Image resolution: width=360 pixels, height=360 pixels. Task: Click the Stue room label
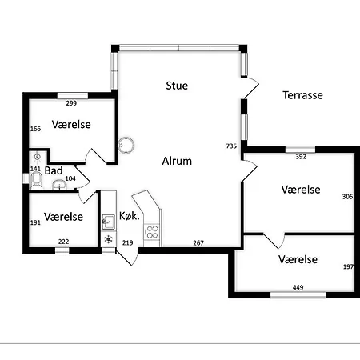tap(177, 85)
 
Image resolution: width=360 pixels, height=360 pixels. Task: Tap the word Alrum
tap(177, 160)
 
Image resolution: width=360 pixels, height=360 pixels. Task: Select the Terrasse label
tap(302, 95)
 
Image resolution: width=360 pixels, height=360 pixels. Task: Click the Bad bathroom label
tap(54, 170)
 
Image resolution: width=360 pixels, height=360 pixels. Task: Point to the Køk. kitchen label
tap(130, 216)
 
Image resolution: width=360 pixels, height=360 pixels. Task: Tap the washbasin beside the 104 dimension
tap(58, 186)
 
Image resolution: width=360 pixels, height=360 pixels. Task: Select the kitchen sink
tap(108, 219)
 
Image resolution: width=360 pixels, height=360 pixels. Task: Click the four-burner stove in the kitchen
tap(151, 232)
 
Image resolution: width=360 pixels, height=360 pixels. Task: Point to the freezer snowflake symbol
tap(108, 239)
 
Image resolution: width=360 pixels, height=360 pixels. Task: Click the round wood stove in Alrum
tap(126, 145)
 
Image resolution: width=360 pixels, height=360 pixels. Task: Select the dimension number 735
tap(232, 146)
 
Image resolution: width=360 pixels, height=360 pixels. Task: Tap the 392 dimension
tap(301, 158)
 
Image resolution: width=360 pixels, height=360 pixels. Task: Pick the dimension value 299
tap(71, 104)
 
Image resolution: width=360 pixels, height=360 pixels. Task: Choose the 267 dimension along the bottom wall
tap(198, 242)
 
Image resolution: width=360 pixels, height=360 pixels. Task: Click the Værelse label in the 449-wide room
tap(298, 260)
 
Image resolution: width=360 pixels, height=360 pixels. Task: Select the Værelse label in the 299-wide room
tap(71, 125)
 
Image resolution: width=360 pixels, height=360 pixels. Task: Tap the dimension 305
tap(346, 196)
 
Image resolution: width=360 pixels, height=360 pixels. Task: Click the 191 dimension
tap(35, 223)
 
